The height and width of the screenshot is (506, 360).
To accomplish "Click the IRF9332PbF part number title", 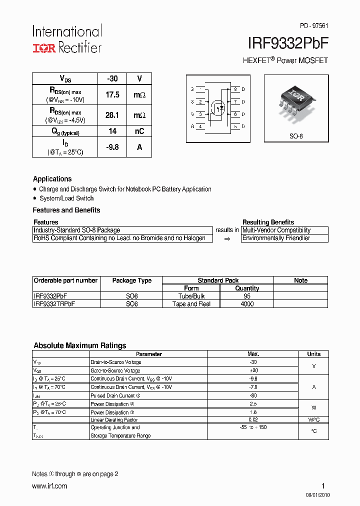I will click(x=288, y=44).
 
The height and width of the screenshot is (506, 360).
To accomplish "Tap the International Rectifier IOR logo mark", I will click(x=44, y=48).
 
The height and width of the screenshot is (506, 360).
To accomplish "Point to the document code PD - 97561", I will click(x=313, y=25).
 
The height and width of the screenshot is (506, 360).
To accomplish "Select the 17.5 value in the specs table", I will click(x=112, y=94).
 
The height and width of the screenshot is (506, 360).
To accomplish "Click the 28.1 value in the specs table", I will click(x=112, y=115).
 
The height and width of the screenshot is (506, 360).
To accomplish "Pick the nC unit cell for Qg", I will click(x=139, y=131).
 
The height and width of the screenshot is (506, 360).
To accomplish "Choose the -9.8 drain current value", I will click(x=112, y=147).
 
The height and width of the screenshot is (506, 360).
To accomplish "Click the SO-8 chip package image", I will click(x=296, y=99).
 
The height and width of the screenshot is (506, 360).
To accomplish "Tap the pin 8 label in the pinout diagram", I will click(x=235, y=89).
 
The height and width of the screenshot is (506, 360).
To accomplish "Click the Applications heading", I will click(x=52, y=179).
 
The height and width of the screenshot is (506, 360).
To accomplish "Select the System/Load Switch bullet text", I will click(x=66, y=198).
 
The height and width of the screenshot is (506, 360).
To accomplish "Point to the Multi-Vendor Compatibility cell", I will click(x=276, y=230).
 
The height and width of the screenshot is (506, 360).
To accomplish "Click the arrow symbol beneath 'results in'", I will click(x=226, y=239).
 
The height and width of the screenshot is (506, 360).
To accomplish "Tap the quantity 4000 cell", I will click(x=247, y=304).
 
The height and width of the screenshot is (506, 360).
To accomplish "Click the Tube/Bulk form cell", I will click(x=191, y=296).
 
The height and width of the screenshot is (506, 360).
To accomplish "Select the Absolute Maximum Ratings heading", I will click(x=79, y=345).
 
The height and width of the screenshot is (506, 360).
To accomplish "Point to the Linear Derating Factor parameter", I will click(x=114, y=420).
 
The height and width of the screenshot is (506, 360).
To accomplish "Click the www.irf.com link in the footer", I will click(x=49, y=486).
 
